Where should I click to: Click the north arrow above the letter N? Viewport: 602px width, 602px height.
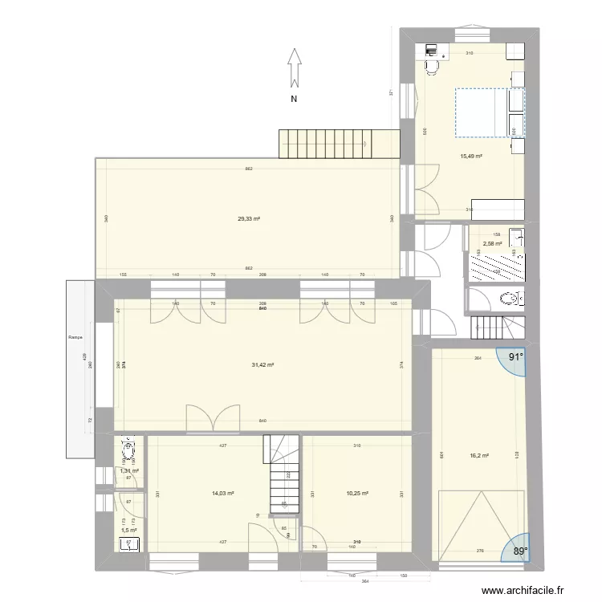coord(295,67)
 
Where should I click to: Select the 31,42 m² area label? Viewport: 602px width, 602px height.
coord(262,365)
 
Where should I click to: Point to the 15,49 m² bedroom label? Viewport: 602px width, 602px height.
coord(470,157)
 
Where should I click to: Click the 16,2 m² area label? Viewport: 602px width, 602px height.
coord(481,456)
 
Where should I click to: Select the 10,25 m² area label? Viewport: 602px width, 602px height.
coord(356,494)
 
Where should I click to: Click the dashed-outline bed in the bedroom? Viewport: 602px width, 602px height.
coord(489,112)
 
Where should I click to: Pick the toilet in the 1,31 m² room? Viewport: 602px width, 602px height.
coord(128,449)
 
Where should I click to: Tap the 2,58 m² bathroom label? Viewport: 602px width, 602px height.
coord(491,244)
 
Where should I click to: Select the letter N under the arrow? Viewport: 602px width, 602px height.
coord(294,100)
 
